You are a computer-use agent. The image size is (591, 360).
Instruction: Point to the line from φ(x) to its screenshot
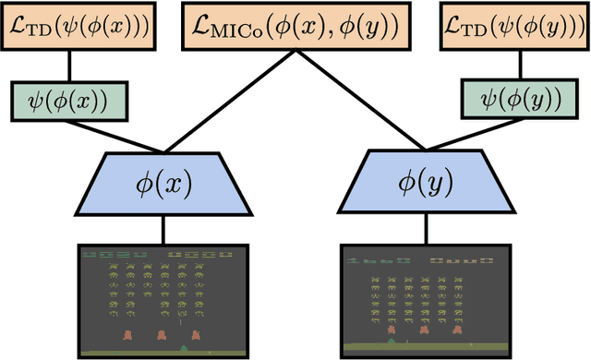[163, 230]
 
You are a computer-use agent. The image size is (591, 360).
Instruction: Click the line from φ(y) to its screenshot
[427, 230]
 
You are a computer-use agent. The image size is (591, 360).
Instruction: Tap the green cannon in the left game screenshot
[184, 347]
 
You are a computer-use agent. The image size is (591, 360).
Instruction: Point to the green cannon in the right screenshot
[391, 342]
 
